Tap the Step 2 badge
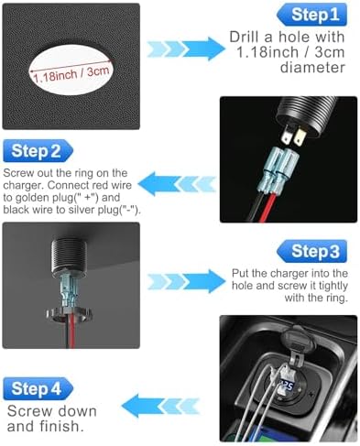tap(38, 152)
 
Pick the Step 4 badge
tap(38, 389)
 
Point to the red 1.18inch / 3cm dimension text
tap(69, 77)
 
